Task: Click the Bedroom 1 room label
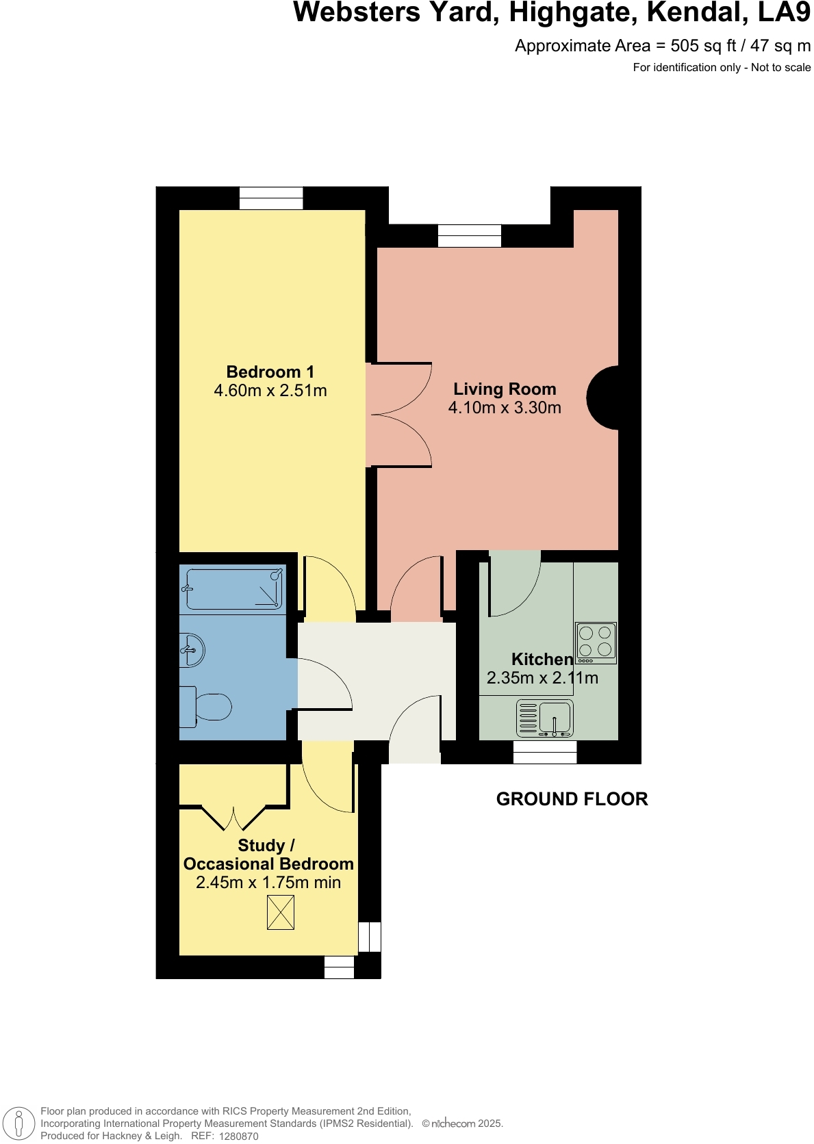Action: coord(270,372)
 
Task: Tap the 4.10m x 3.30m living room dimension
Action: coord(505,408)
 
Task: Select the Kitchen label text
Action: coord(542,659)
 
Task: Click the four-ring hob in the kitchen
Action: coord(596,642)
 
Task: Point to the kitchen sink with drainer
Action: coord(544,718)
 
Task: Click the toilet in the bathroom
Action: coord(207,707)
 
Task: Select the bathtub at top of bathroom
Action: coord(233,588)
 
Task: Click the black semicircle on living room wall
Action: coord(604,398)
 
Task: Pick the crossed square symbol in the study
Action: coord(280,913)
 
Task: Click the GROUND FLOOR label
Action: coord(572,799)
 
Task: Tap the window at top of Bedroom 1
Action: coord(271,198)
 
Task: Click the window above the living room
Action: coord(470,235)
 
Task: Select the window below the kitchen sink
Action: coord(545,752)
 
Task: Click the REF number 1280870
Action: coord(238,1136)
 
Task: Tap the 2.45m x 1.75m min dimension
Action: coord(268,883)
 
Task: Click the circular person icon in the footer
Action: coord(18,1123)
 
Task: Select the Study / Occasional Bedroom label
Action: coord(268,855)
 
